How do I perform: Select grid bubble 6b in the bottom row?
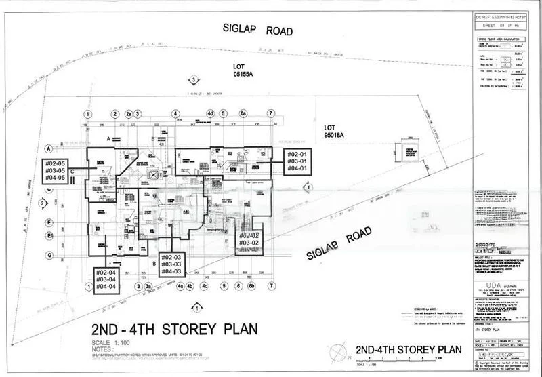tap(251, 287)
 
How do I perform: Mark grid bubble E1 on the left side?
tap(49, 235)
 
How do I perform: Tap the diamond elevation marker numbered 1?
tap(196, 309)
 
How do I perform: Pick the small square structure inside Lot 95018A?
tap(409, 149)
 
